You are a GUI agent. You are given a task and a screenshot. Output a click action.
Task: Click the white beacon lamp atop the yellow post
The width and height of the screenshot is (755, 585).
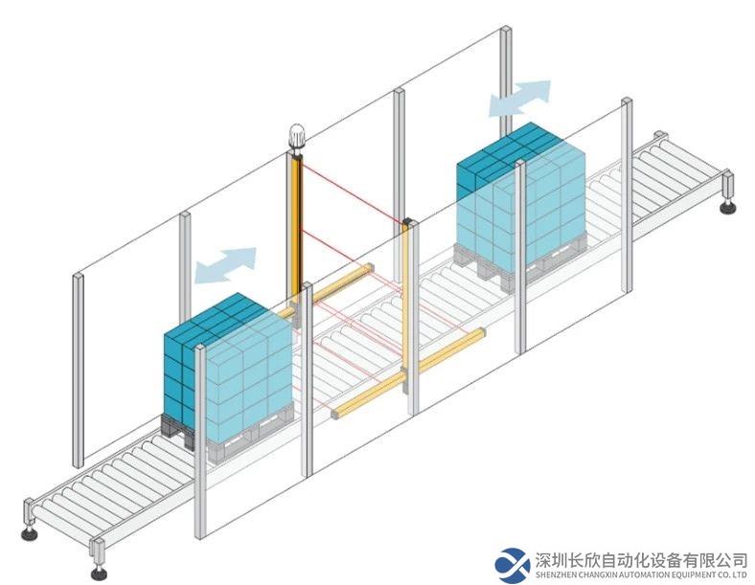[x=296, y=135]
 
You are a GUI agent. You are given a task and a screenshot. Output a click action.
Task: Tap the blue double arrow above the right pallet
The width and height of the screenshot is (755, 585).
[x=519, y=99]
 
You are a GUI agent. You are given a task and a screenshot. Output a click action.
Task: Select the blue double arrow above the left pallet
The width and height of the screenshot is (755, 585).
[x=225, y=265]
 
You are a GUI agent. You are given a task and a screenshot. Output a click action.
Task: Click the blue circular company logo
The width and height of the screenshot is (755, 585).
[x=513, y=566]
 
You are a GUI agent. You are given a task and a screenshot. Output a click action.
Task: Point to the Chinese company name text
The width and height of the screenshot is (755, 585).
[x=641, y=559]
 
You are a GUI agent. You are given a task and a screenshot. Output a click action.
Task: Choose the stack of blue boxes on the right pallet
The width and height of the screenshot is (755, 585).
[x=521, y=195]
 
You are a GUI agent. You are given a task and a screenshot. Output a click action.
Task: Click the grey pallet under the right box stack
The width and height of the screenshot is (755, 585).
[x=520, y=264]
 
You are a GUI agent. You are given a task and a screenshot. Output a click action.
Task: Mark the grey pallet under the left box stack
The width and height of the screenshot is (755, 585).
[x=227, y=436]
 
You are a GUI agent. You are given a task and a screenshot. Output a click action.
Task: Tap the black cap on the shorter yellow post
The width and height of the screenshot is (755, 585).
[x=408, y=222]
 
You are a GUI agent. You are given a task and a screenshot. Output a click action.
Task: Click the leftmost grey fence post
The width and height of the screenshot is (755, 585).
[x=78, y=371]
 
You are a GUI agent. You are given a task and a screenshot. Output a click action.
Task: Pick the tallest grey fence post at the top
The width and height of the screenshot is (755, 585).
[x=505, y=81]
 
